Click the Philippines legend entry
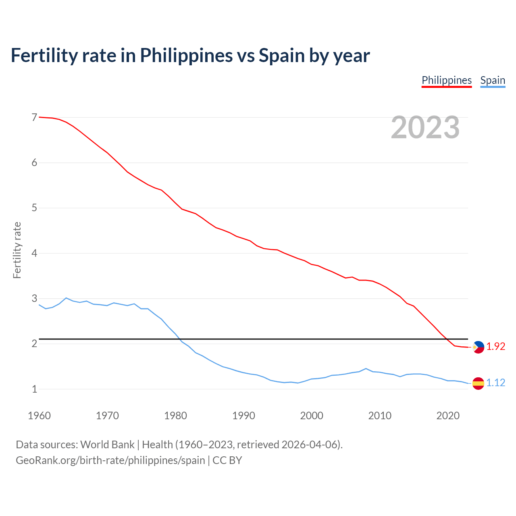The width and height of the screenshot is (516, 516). (x=447, y=80)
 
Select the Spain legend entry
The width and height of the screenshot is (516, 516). (x=493, y=80)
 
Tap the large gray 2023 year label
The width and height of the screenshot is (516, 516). (x=425, y=127)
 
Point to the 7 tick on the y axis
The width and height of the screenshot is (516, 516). (x=34, y=117)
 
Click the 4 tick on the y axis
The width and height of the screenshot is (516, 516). (x=34, y=253)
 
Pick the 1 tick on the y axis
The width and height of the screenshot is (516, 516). (x=34, y=389)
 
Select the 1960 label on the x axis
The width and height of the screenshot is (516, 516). (x=39, y=416)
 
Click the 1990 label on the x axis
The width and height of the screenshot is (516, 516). (x=243, y=416)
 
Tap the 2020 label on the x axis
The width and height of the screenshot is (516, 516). (x=448, y=416)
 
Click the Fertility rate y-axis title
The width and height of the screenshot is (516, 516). (x=17, y=250)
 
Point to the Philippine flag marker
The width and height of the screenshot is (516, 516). (x=478, y=347)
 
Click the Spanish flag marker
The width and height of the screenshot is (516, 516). (x=478, y=383)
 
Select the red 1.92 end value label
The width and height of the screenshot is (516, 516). (x=495, y=346)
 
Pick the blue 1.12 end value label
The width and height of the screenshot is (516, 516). (x=495, y=383)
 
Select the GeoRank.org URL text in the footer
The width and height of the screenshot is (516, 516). (x=110, y=460)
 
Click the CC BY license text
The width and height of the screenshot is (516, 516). (x=227, y=460)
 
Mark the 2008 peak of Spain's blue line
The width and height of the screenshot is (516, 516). (x=366, y=368)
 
